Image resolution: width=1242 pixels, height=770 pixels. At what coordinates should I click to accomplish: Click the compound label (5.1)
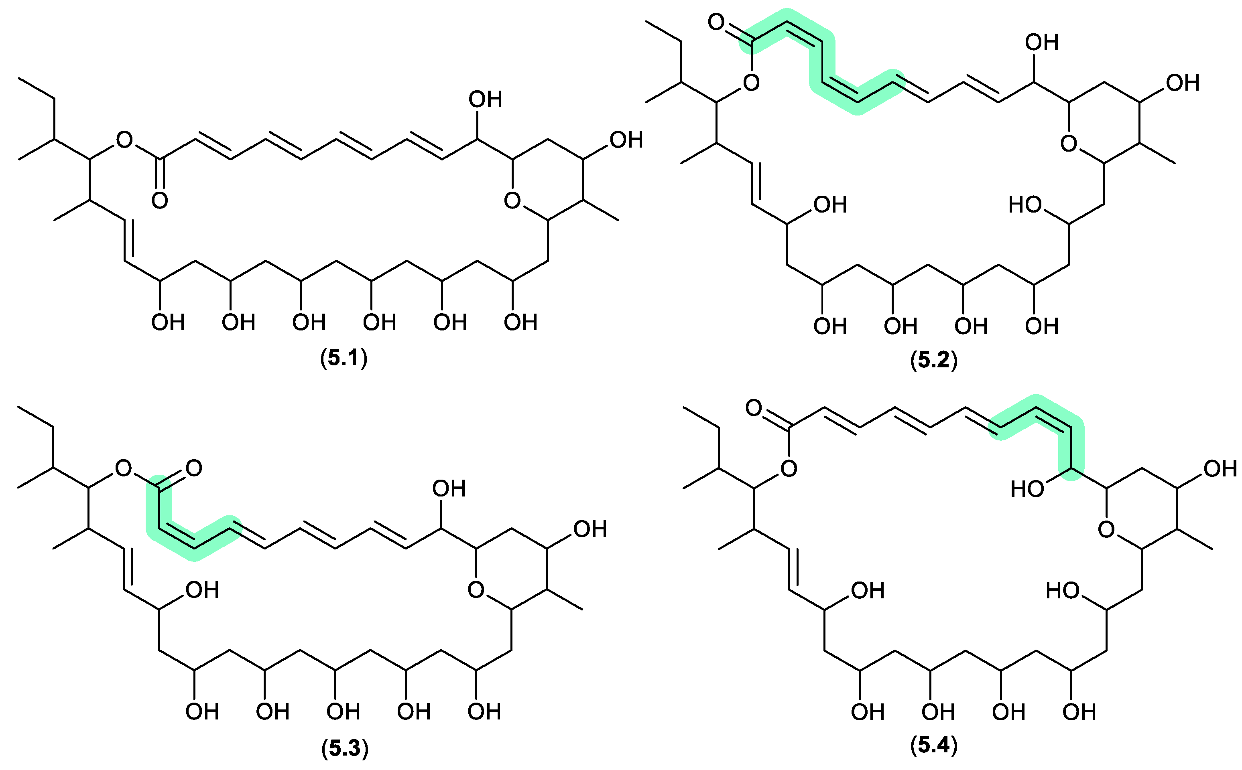click(344, 359)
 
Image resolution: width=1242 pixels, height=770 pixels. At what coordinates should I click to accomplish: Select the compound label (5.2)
click(934, 361)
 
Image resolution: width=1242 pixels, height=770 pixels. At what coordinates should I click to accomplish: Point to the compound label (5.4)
click(934, 745)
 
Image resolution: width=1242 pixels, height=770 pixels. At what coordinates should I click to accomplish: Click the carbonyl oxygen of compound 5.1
click(159, 200)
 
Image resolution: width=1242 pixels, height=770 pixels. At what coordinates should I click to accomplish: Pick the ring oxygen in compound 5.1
click(512, 200)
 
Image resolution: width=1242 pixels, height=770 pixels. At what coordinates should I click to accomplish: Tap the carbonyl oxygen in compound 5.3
click(193, 468)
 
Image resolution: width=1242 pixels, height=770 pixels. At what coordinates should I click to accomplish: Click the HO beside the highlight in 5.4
click(1027, 489)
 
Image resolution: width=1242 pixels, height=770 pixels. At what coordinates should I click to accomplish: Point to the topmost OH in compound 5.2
click(1042, 42)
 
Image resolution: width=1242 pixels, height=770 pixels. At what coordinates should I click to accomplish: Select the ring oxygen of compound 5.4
click(1106, 530)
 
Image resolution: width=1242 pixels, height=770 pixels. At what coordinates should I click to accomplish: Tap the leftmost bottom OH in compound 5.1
click(168, 322)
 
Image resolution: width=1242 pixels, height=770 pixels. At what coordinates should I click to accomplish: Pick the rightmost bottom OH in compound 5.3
click(484, 711)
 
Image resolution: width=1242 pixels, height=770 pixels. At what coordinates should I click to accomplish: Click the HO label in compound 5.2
click(1025, 205)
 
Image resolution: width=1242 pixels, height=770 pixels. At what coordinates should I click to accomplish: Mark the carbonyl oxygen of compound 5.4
click(754, 407)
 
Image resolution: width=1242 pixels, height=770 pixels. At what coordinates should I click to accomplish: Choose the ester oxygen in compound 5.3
click(123, 468)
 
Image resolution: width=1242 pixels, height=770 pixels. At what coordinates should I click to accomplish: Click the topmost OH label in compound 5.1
click(485, 99)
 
